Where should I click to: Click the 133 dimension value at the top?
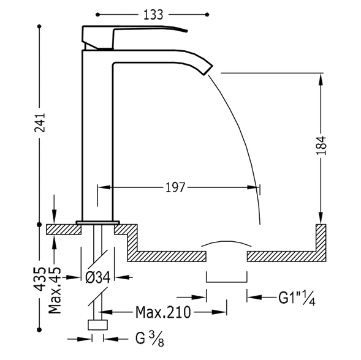153,15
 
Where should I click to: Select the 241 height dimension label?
40,122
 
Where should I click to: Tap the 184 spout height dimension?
321,145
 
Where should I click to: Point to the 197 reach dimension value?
175,187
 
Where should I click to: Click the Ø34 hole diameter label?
98,277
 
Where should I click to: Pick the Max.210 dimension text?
163,312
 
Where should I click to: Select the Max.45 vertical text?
55,290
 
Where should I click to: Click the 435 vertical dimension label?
40,279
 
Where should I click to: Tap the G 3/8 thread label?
150,339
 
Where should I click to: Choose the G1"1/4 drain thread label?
297,298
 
